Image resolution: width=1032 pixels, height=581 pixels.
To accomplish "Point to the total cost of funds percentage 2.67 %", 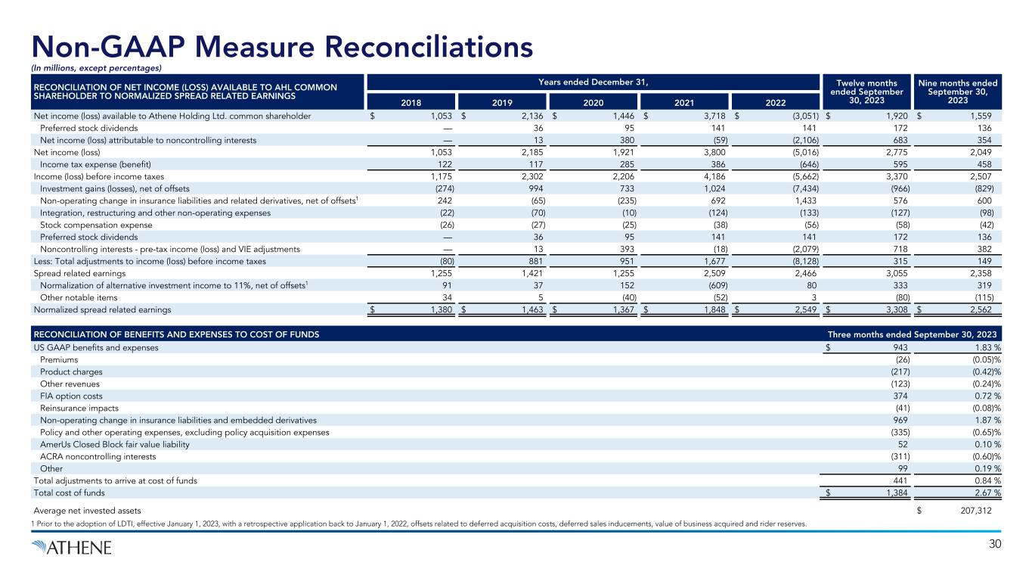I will coord(981,492).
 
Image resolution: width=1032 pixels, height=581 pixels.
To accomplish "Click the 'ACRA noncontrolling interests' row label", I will coord(98,456).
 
